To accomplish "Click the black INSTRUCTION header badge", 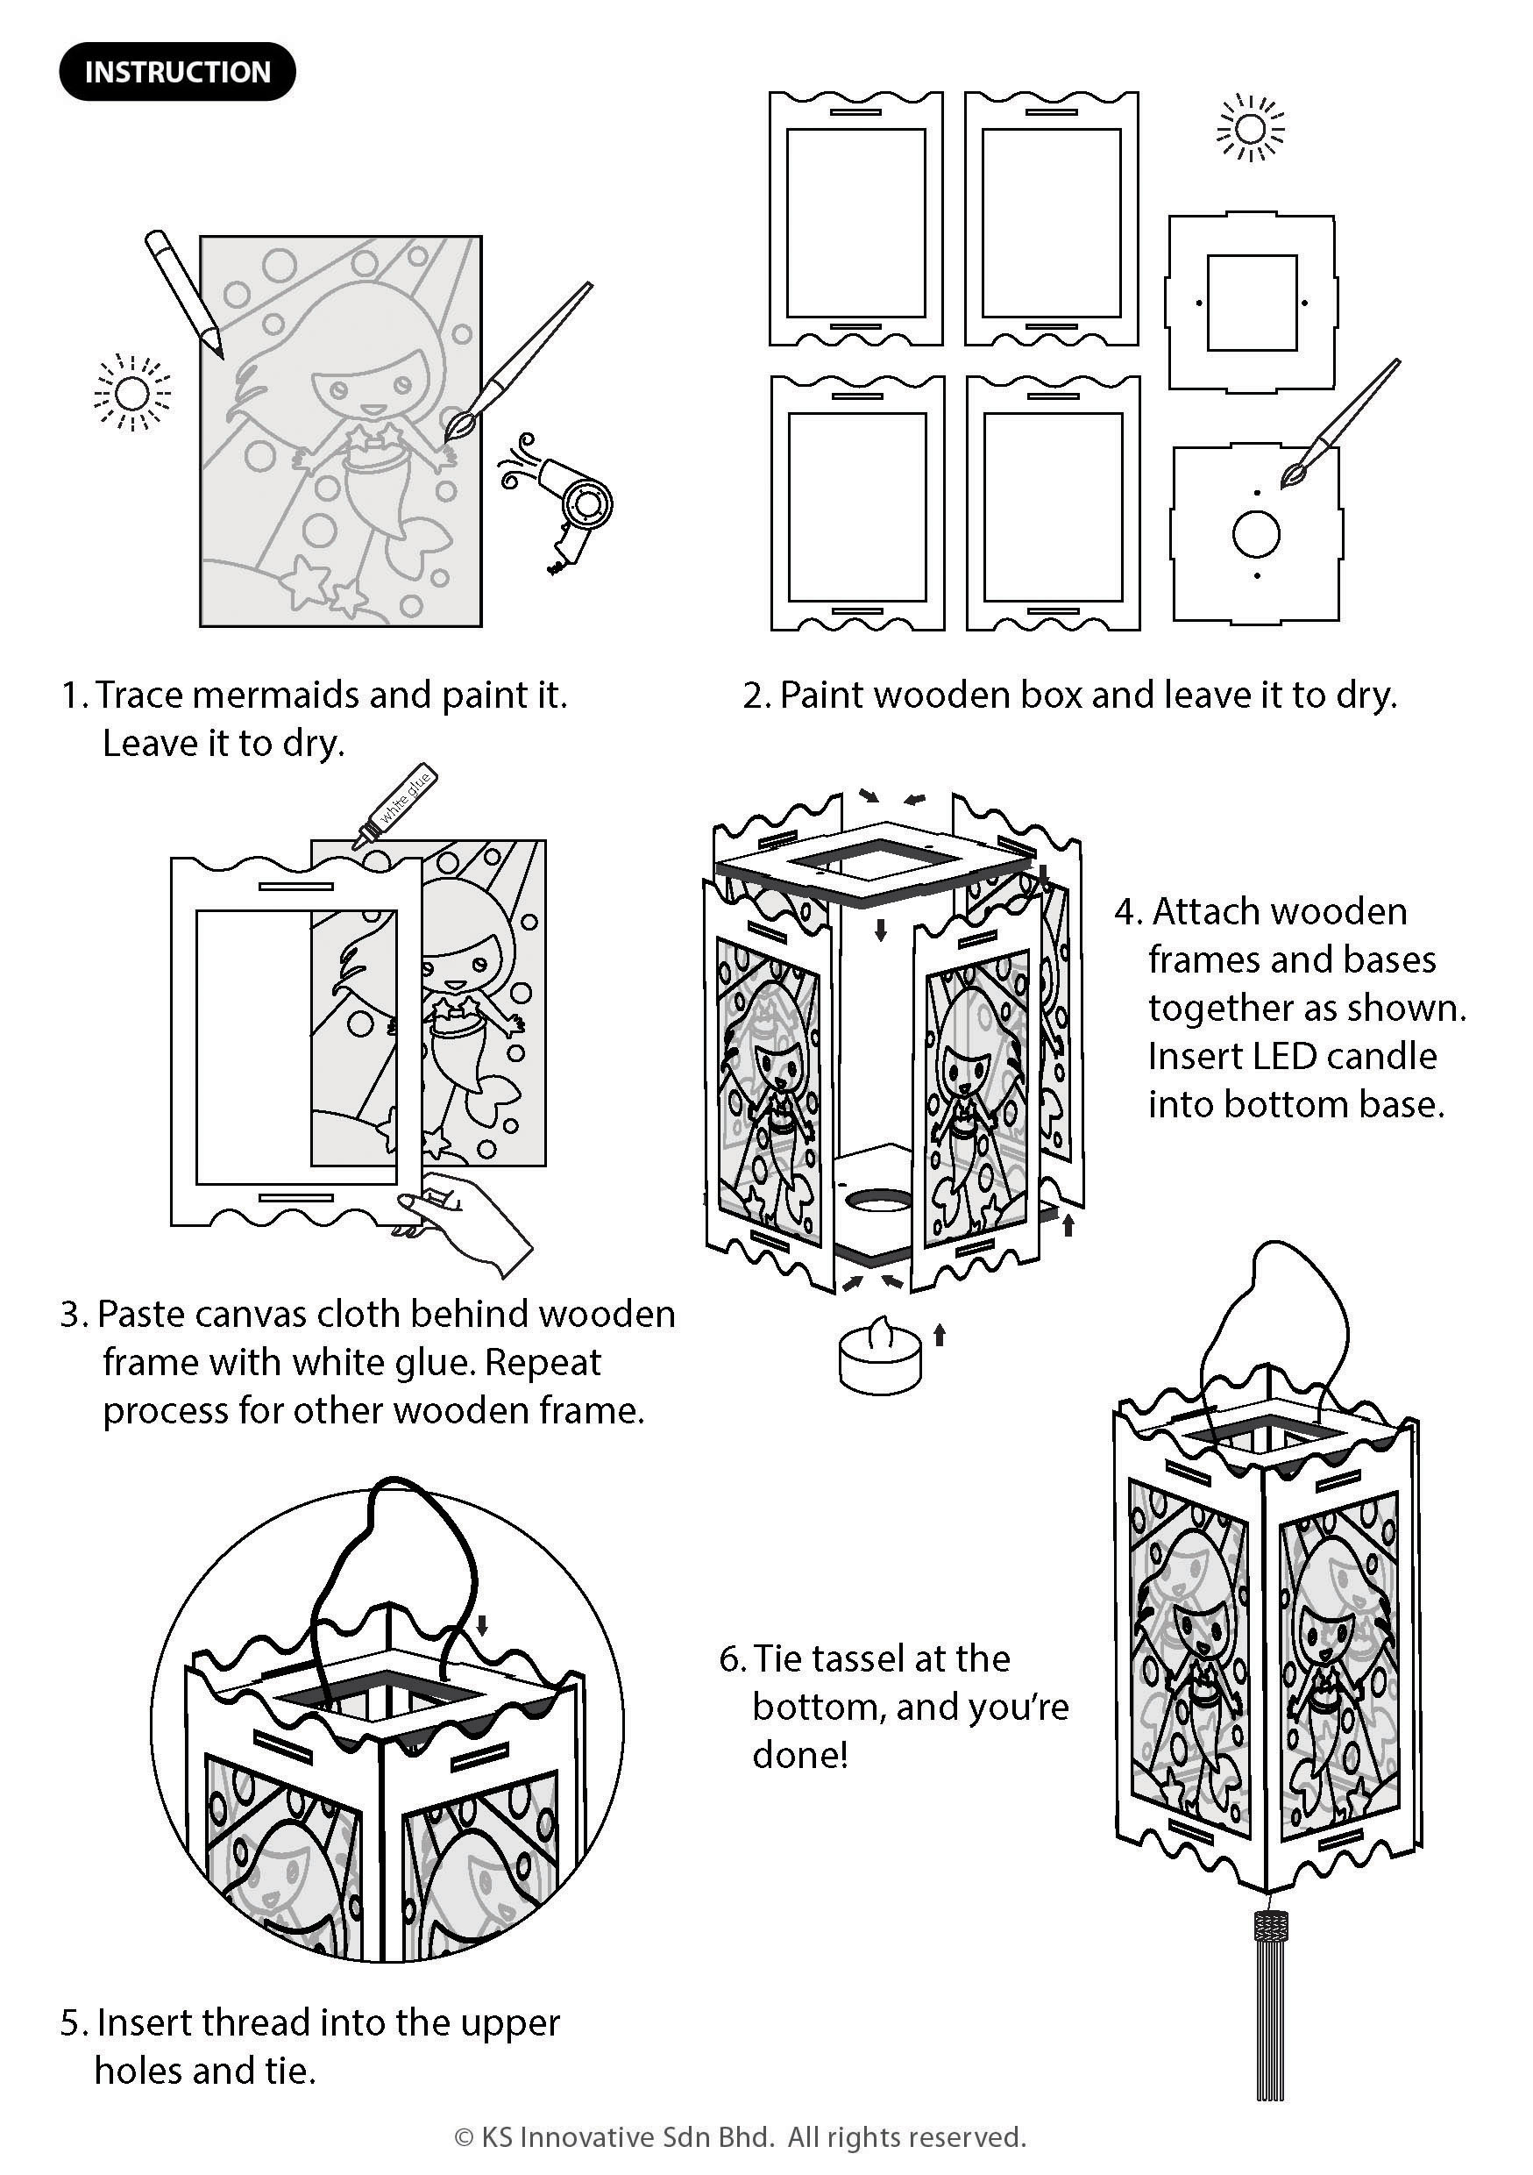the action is (177, 72).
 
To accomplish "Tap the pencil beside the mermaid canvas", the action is (184, 293).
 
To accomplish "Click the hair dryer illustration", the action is (558, 501).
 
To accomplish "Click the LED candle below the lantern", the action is (880, 1355).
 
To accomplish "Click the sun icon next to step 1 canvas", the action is (132, 392).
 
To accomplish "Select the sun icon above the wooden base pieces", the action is (1251, 128).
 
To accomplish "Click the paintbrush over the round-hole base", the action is (1340, 424).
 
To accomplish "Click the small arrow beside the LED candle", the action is (940, 1336).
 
